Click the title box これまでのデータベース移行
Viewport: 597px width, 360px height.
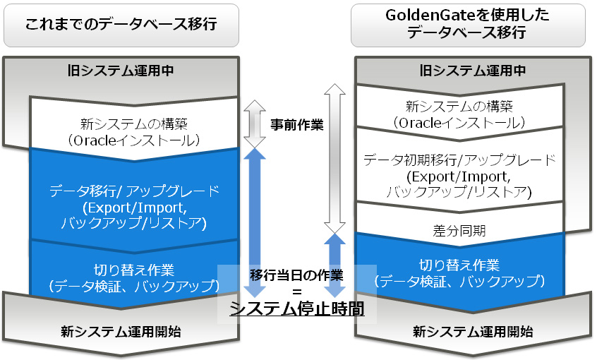121,25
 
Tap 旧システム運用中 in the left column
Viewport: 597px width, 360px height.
121,70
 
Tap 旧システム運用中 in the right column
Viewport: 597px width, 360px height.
472,70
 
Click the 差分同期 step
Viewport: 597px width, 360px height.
458,230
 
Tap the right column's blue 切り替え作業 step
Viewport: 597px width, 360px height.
459,272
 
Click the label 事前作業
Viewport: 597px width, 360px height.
296,125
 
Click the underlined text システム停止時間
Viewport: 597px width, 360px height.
296,308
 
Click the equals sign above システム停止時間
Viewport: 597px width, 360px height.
296,291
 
